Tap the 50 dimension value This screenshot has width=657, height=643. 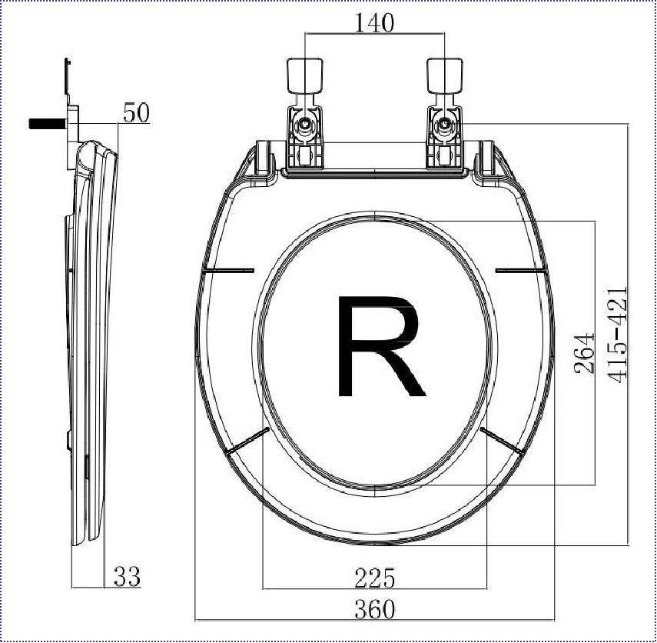[x=136, y=113]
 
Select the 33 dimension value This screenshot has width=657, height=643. [x=127, y=576]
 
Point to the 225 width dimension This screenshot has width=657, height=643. [x=374, y=577]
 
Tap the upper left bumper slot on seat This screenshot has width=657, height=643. [x=230, y=271]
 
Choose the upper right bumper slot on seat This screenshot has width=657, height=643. [x=521, y=270]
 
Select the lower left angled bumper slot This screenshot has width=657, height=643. [x=247, y=441]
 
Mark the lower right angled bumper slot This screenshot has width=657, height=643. [x=503, y=440]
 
